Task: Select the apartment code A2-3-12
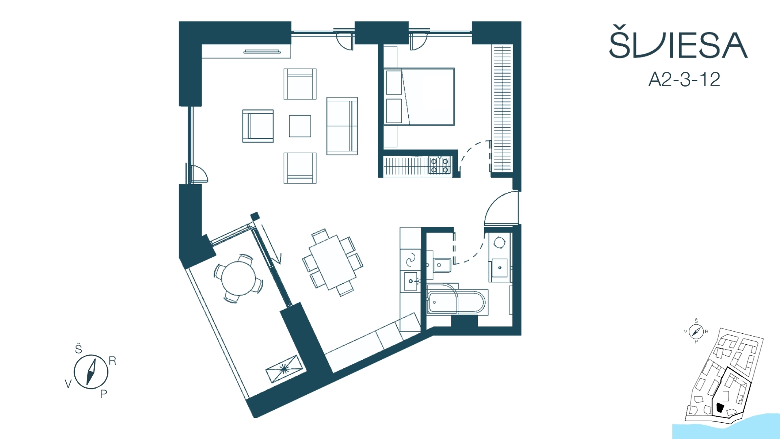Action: [684, 79]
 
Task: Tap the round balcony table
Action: [238, 278]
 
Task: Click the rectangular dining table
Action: [332, 262]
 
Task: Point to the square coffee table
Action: [300, 126]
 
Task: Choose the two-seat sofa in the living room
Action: [342, 126]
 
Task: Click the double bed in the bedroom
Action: [419, 97]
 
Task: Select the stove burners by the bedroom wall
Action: [440, 165]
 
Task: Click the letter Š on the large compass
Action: [79, 348]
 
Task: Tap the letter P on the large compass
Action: [104, 393]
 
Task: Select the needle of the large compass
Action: [91, 372]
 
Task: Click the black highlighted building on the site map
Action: [720, 408]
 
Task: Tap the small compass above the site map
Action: [696, 332]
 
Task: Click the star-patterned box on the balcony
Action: [284, 369]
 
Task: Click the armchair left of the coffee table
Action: [258, 126]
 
